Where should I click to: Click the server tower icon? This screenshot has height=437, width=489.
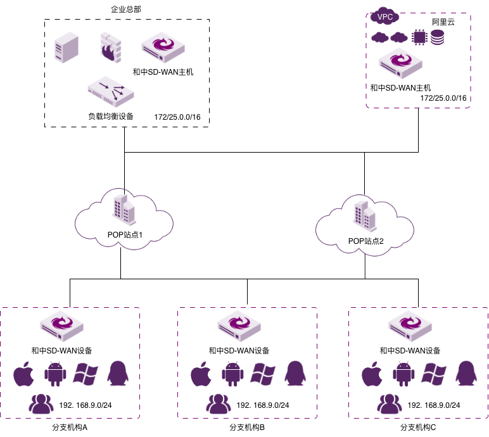67,47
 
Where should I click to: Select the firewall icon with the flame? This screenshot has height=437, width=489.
110,47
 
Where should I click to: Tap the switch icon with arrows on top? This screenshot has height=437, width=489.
111,91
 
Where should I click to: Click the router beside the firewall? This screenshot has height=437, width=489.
163,47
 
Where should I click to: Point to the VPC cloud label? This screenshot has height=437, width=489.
384,16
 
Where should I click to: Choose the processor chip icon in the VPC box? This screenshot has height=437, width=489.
419,37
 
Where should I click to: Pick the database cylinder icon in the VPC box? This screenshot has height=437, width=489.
438,37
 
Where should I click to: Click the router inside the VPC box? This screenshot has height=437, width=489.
400,63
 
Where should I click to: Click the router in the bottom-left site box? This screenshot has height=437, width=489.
61,326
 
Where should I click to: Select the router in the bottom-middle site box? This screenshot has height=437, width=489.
239,326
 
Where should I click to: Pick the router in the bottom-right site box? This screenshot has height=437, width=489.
410,326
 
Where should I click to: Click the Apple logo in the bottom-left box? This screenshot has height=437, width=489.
24,374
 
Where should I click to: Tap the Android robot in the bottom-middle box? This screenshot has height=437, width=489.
232,374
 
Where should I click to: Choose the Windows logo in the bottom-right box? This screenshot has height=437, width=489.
434,374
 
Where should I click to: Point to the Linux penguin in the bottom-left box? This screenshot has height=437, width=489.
118,374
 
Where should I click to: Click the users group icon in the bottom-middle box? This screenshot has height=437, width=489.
219,404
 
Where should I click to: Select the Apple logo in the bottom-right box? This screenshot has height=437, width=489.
372,374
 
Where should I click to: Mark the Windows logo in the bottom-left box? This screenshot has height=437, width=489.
86,374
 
